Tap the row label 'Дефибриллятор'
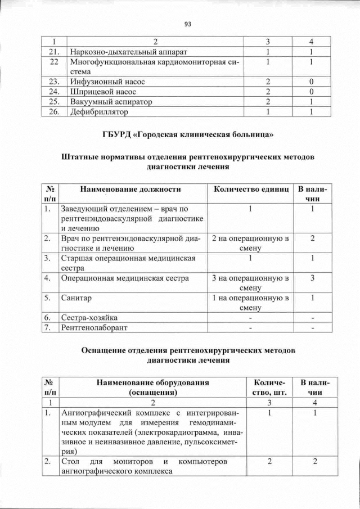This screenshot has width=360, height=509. click(x=98, y=112)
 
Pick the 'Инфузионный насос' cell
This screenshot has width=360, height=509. click(x=106, y=82)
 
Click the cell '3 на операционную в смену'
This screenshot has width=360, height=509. click(x=250, y=282)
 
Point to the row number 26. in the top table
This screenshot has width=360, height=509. click(x=54, y=112)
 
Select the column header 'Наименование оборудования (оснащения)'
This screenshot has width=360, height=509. click(x=152, y=387)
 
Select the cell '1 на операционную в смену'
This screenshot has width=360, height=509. click(x=250, y=303)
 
